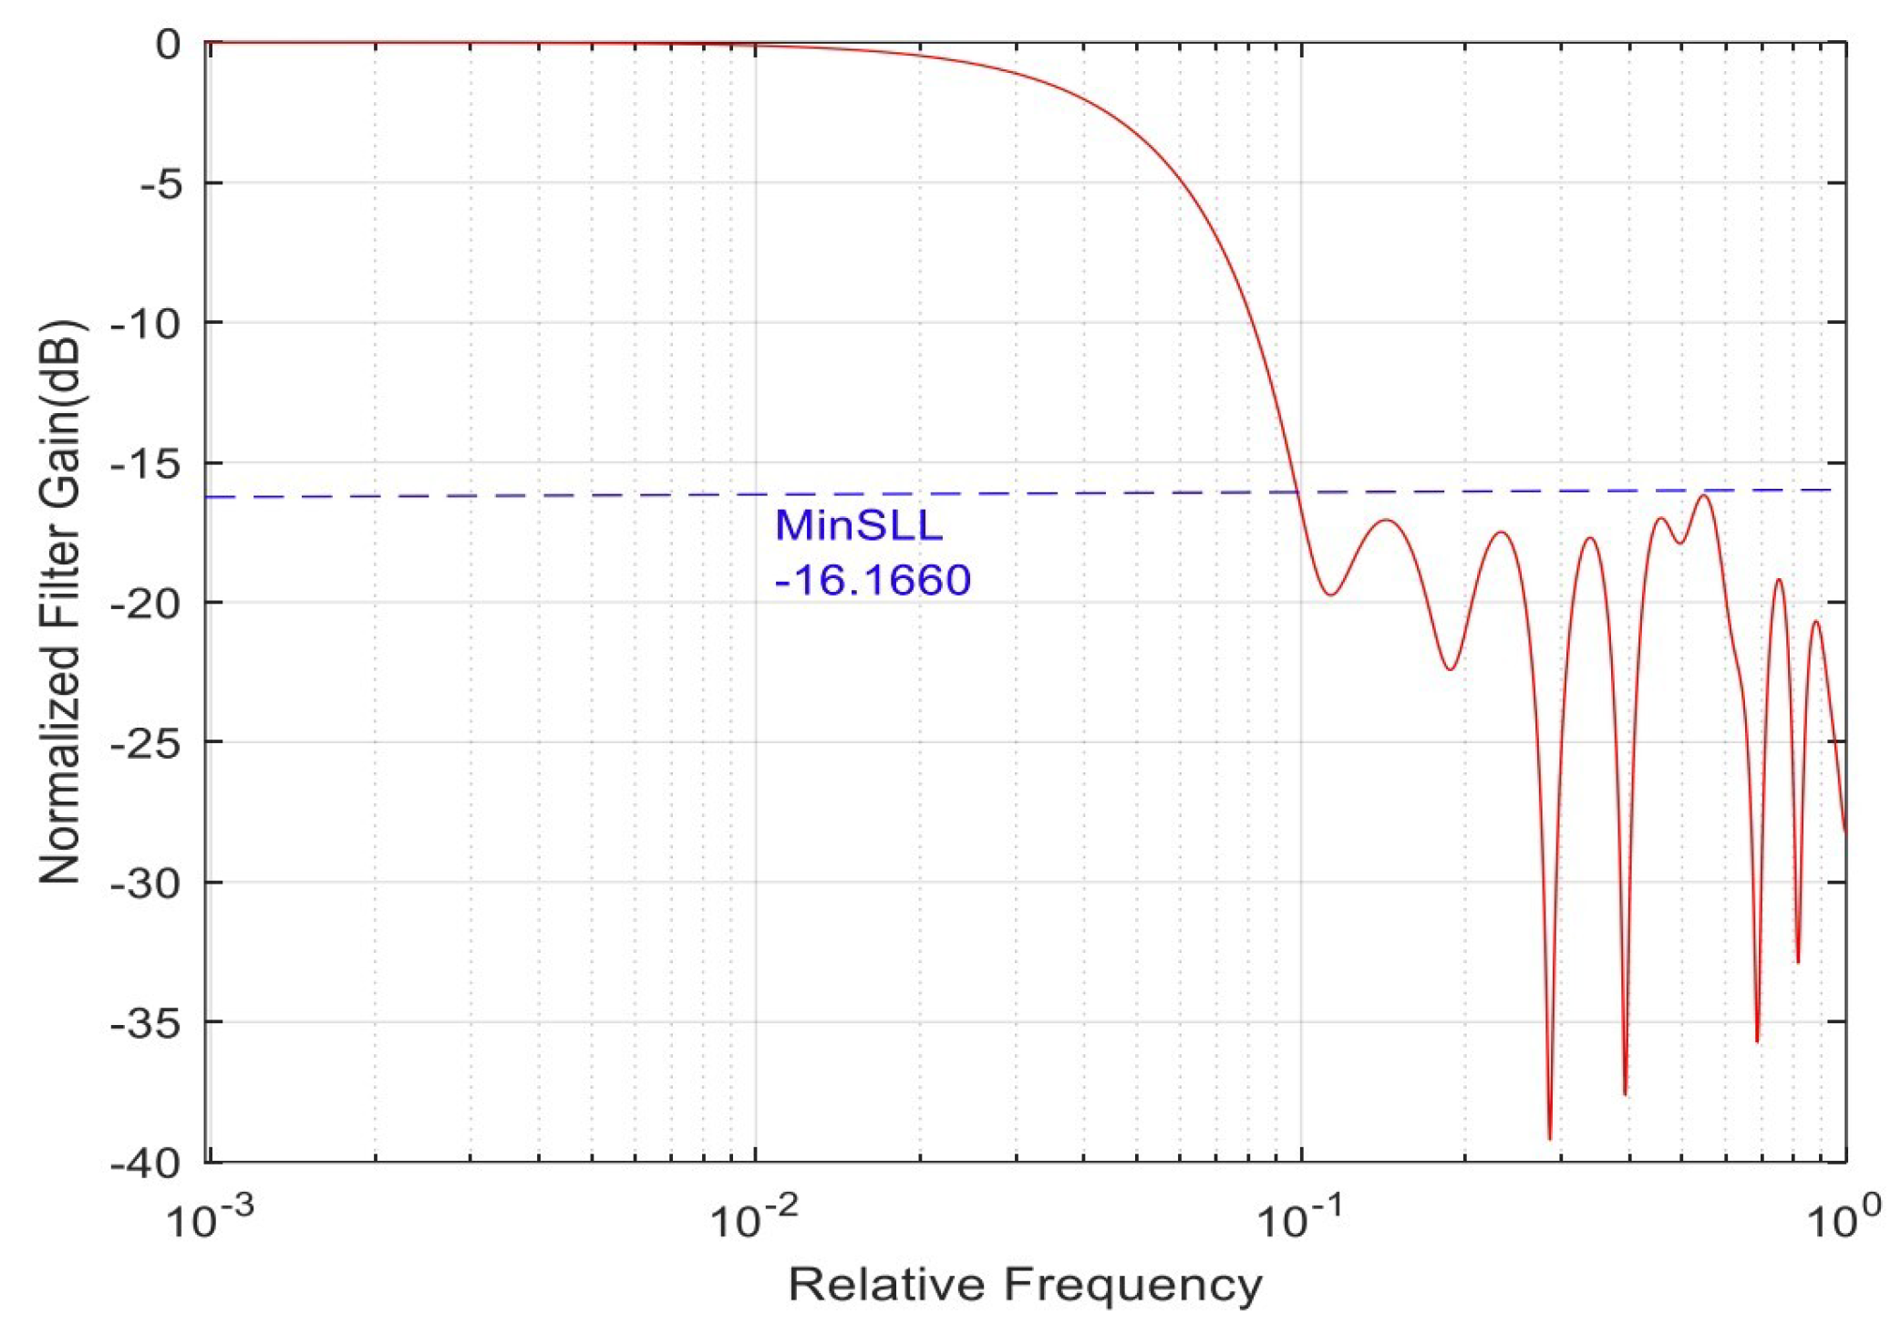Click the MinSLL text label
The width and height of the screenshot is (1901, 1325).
click(x=858, y=526)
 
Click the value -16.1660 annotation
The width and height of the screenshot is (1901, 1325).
click(x=873, y=580)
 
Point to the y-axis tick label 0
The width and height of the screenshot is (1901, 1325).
click(x=169, y=45)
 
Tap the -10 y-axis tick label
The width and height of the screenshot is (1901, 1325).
click(x=147, y=324)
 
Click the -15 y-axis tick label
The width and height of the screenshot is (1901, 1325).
click(x=147, y=464)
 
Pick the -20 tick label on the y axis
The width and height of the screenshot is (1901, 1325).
click(x=147, y=604)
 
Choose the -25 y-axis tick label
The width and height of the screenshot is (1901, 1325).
click(x=147, y=743)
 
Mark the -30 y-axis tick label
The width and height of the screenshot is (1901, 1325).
click(x=147, y=884)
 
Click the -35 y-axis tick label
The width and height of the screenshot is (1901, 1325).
click(x=147, y=1023)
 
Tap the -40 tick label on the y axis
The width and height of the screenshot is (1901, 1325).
click(x=147, y=1163)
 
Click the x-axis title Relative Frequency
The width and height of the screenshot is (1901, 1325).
click(x=1025, y=1285)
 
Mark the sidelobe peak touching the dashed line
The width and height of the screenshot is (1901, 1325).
click(x=1703, y=496)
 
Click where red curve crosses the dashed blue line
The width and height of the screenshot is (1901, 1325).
click(x=1297, y=492)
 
